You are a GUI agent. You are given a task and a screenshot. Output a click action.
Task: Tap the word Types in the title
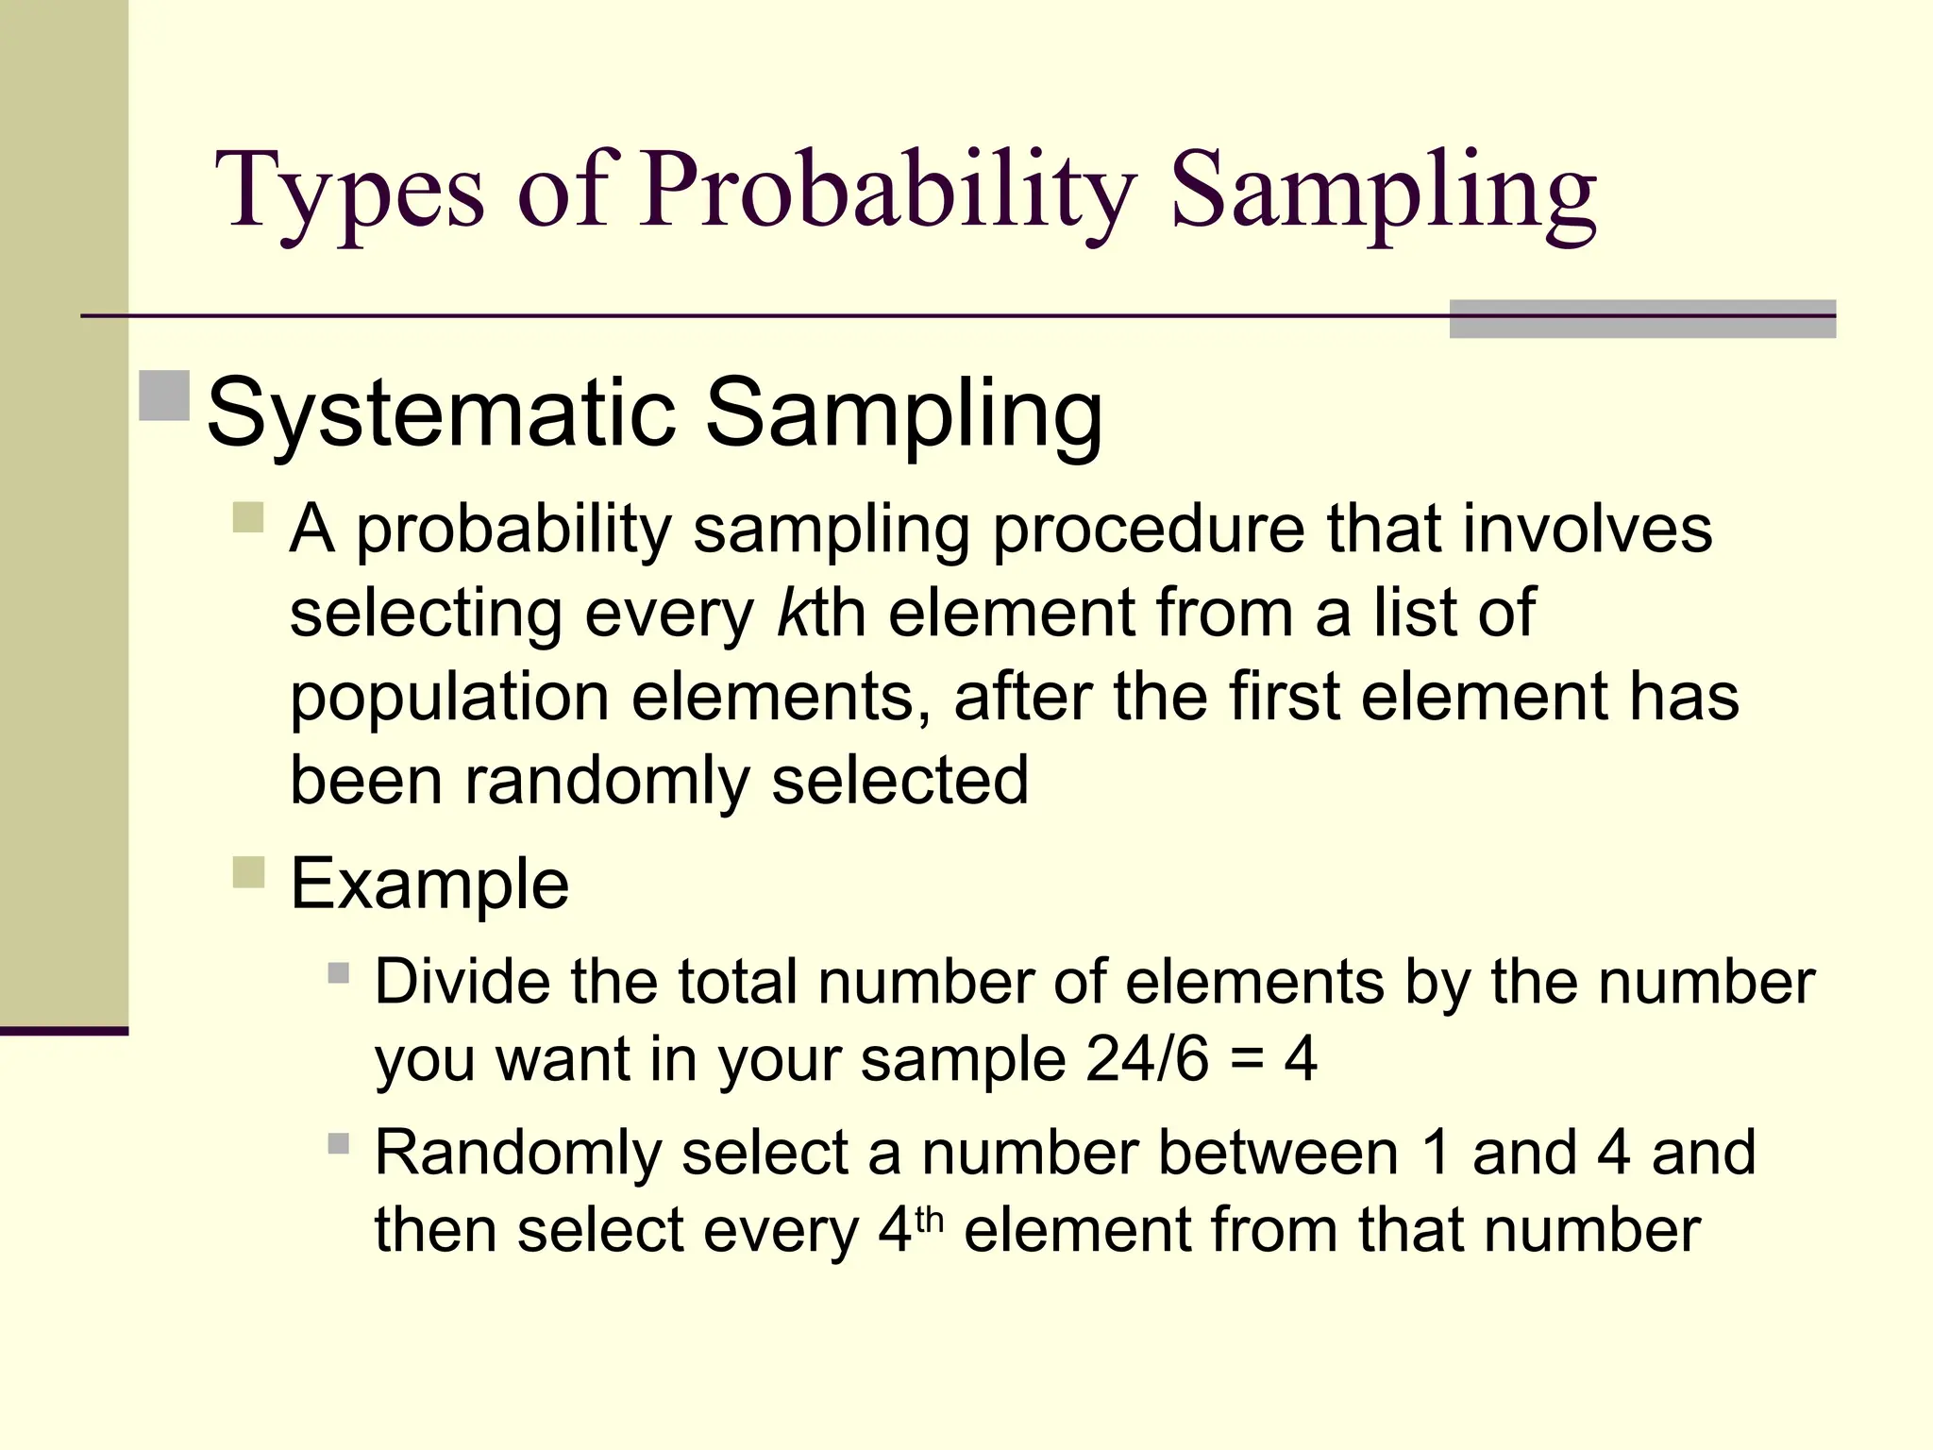pos(350,192)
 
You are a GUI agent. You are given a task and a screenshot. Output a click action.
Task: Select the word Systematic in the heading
pos(441,413)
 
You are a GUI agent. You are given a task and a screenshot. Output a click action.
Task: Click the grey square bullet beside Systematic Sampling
pos(164,396)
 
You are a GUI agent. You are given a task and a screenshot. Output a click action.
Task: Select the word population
pos(449,699)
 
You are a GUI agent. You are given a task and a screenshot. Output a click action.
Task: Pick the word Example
pos(429,885)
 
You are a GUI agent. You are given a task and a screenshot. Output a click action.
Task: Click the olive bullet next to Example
pos(248,872)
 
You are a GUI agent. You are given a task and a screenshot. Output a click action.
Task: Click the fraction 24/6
pos(1147,1059)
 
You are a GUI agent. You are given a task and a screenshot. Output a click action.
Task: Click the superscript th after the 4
pos(929,1219)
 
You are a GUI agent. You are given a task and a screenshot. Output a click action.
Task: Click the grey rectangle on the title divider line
pos(1641,318)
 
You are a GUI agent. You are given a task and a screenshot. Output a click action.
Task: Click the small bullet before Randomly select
pos(339,1144)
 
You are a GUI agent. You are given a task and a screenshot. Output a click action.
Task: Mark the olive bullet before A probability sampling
pos(248,517)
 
